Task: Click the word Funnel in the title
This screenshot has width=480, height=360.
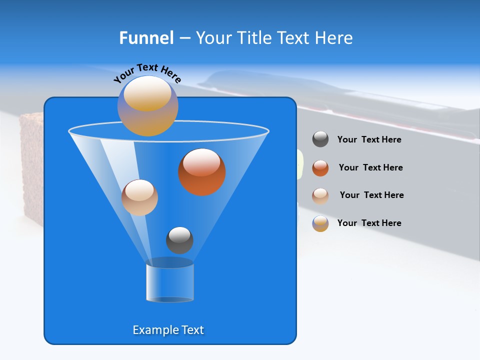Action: coord(146,38)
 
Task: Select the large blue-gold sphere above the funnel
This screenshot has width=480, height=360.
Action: coord(148,106)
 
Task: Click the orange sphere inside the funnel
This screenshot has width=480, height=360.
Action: coord(202,172)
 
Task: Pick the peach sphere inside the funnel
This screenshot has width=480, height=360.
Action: coord(139,197)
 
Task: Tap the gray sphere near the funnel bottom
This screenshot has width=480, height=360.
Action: coord(179,240)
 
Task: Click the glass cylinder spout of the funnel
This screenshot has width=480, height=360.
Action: coord(169,282)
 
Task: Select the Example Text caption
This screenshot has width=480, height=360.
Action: coord(168,330)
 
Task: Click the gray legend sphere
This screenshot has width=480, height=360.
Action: coord(320,139)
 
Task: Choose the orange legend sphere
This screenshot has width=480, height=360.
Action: coord(320,168)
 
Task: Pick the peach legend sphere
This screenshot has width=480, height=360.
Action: coord(320,195)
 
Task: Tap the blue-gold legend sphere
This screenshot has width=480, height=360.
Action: coord(320,223)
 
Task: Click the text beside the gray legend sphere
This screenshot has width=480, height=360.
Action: coord(369,139)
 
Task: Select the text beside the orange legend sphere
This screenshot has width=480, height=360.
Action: coord(370,167)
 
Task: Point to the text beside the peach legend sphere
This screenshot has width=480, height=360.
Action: coord(371,195)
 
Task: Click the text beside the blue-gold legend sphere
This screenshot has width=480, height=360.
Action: coord(369,223)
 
